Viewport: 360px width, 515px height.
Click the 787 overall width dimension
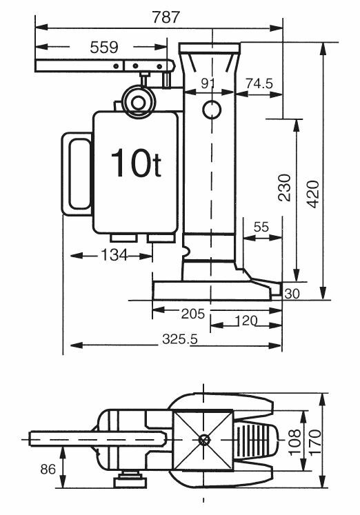(165, 17)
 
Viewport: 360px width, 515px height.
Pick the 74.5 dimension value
(259, 84)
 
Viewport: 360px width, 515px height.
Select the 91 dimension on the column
(208, 83)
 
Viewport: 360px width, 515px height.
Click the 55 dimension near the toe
(261, 226)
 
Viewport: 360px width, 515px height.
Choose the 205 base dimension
(192, 314)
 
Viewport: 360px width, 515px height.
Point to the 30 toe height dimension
(292, 294)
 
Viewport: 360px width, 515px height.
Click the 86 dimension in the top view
(48, 470)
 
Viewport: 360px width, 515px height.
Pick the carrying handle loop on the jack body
(77, 173)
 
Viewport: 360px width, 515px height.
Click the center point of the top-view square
(203, 439)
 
